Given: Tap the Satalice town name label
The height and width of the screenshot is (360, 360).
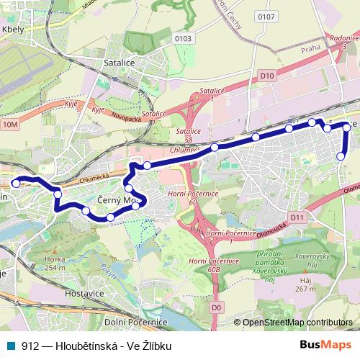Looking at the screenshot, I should click(x=120, y=63).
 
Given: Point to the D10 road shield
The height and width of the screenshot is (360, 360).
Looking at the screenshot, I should click(x=268, y=75).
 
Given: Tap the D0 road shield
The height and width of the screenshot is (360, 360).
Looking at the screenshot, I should click(x=216, y=308).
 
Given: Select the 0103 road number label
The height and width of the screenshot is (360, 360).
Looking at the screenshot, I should click(x=164, y=38).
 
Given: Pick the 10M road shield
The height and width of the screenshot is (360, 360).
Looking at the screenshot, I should click(x=10, y=125).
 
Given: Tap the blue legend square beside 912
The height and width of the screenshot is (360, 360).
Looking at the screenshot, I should click(x=10, y=346).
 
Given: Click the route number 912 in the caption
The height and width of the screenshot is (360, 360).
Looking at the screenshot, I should click(x=30, y=346).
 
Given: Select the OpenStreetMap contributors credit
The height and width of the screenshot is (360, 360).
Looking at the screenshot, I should click(x=297, y=323).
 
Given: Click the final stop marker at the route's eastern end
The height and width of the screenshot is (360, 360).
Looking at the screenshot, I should click(x=341, y=156).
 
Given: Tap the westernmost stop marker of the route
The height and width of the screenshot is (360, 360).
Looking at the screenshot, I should click(x=16, y=183).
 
